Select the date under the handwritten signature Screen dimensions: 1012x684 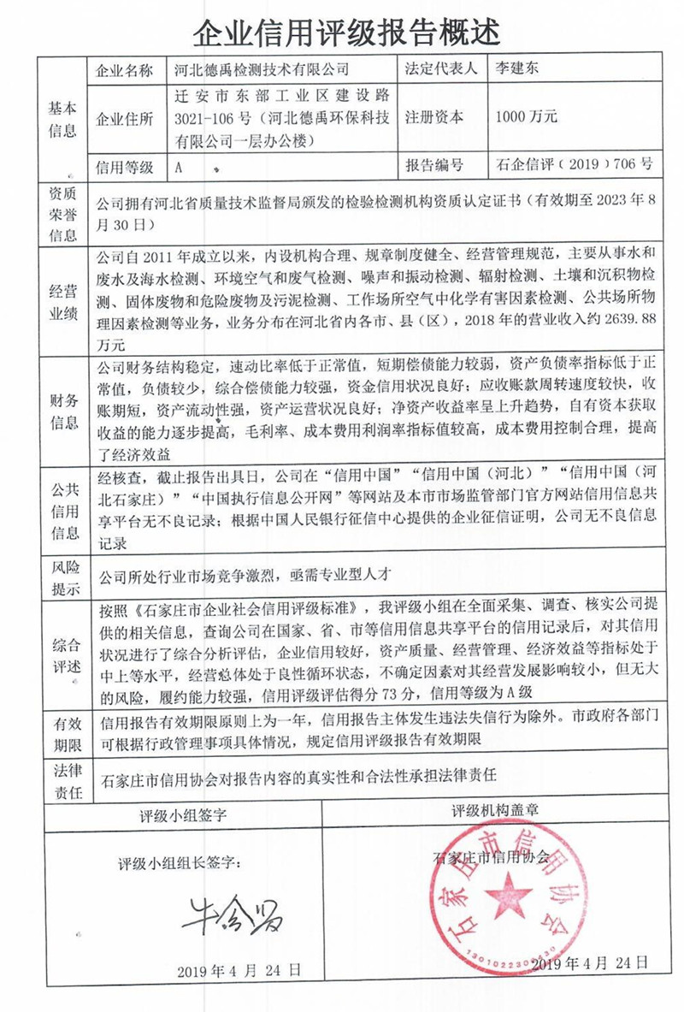point(239,972)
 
